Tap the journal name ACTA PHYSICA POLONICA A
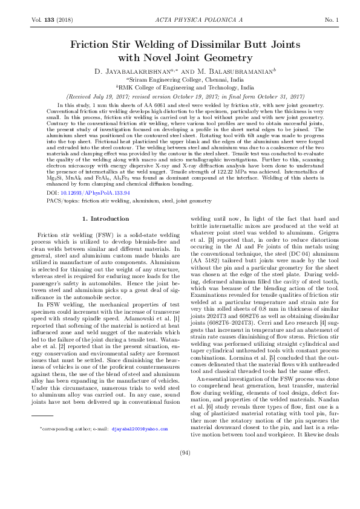[179, 20]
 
